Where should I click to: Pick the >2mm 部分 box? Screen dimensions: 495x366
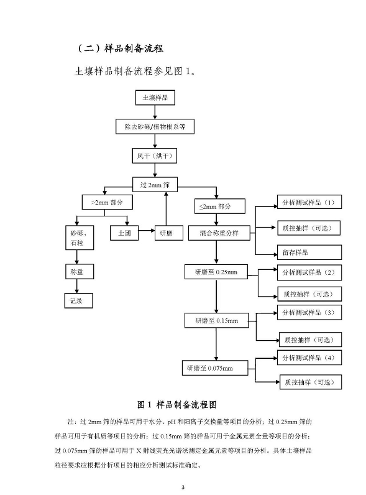[x=107, y=203]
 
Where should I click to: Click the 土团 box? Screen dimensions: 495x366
[x=120, y=233]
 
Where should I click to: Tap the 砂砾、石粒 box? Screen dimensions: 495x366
[x=77, y=239]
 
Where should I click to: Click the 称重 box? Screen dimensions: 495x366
[x=77, y=272]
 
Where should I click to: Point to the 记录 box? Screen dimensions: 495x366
[x=77, y=301]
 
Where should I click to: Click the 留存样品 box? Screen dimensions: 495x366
[x=308, y=252]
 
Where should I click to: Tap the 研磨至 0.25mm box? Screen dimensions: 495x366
[x=216, y=272]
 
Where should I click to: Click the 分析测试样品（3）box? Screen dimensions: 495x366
[x=308, y=312]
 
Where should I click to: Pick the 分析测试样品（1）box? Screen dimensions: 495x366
[x=308, y=203]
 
